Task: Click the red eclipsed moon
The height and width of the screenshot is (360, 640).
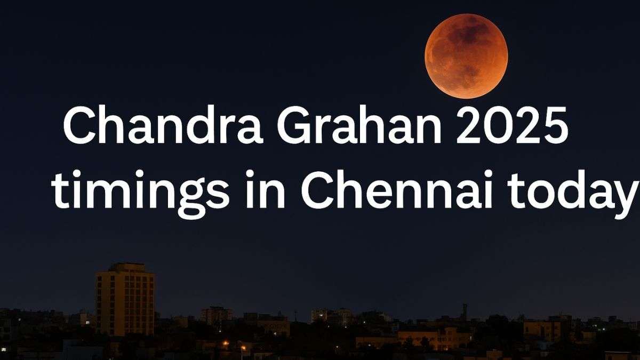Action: click(x=466, y=57)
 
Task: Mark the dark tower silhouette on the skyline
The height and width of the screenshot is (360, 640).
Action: click(x=465, y=312)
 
